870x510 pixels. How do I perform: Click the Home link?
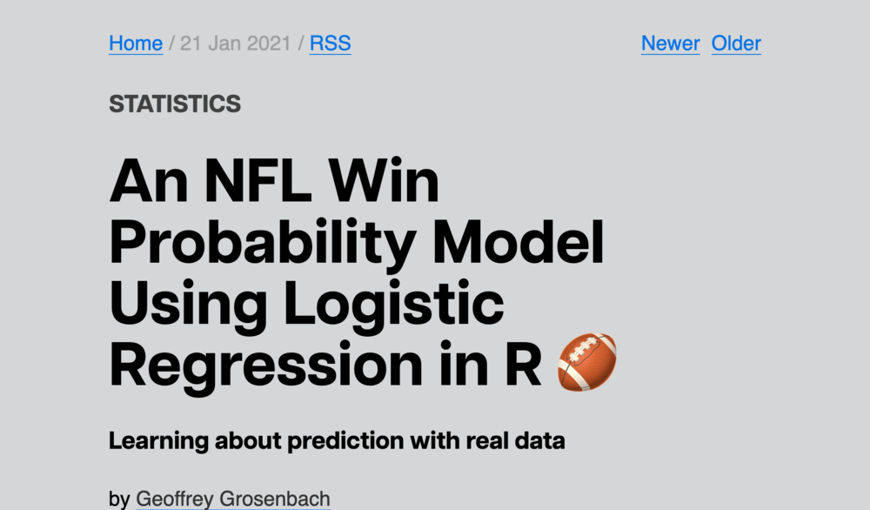(x=136, y=44)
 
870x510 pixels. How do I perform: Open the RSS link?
(x=331, y=44)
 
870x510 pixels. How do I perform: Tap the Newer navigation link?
(x=670, y=44)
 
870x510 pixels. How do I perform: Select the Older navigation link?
(x=736, y=44)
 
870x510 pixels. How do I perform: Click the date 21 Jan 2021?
(x=236, y=44)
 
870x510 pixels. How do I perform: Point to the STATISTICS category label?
(x=175, y=104)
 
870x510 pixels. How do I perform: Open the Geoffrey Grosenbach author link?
(x=233, y=500)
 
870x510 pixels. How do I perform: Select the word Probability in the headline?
(x=262, y=244)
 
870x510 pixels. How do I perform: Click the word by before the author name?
(x=119, y=500)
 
